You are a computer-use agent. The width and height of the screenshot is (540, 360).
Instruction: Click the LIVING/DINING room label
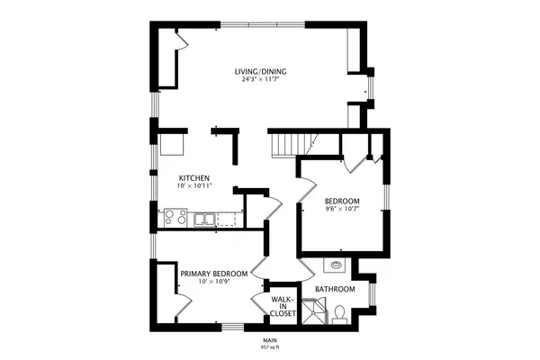click(261, 71)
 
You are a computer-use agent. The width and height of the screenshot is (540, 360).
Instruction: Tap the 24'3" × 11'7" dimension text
click(261, 80)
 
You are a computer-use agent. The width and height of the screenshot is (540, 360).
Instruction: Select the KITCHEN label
click(193, 179)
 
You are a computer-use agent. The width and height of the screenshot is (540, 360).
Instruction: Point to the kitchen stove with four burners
click(175, 217)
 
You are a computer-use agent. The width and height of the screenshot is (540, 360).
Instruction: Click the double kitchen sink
click(204, 218)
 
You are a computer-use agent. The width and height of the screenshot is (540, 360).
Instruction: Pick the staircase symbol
click(293, 142)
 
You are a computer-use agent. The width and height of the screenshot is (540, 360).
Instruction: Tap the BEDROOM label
click(342, 201)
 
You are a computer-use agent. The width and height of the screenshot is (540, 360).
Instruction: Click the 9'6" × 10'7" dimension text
click(342, 210)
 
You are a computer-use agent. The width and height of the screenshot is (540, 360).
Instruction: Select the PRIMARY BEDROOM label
click(214, 274)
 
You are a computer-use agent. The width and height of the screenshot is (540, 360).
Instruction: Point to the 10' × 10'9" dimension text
click(214, 283)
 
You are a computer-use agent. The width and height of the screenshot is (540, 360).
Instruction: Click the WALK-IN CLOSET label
click(283, 306)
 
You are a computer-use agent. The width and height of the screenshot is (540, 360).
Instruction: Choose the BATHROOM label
click(334, 290)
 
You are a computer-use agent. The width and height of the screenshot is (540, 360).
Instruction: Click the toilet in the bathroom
click(340, 311)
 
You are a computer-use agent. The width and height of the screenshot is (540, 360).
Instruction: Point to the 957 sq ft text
click(270, 346)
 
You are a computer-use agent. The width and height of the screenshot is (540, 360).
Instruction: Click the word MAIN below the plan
click(270, 339)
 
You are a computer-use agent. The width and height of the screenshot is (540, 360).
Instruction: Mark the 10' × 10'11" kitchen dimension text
click(193, 187)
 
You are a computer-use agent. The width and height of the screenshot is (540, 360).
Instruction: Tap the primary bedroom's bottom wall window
click(232, 325)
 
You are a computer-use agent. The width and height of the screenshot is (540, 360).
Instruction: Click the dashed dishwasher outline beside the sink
click(230, 218)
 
